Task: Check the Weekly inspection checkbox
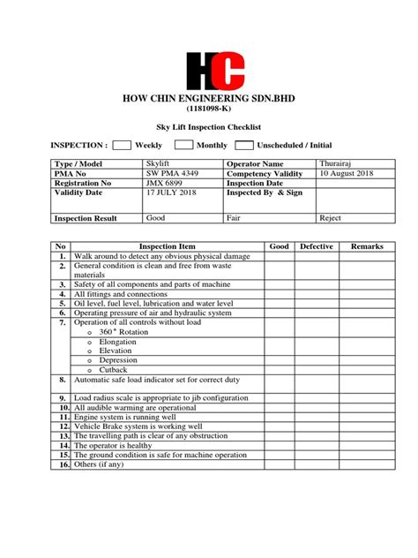pyautogui.click(x=123, y=145)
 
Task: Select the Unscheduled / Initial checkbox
pyautogui.click(x=243, y=145)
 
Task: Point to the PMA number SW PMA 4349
pyautogui.click(x=171, y=174)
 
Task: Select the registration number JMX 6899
pyautogui.click(x=166, y=183)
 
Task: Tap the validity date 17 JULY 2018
pyautogui.click(x=171, y=192)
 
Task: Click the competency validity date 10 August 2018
pyautogui.click(x=347, y=174)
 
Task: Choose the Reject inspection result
pyautogui.click(x=331, y=217)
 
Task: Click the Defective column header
pyautogui.click(x=316, y=246)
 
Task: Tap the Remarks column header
pyautogui.click(x=367, y=246)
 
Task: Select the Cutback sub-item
pyautogui.click(x=113, y=371)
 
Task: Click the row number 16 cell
pyautogui.click(x=63, y=464)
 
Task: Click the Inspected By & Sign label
pyautogui.click(x=265, y=192)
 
